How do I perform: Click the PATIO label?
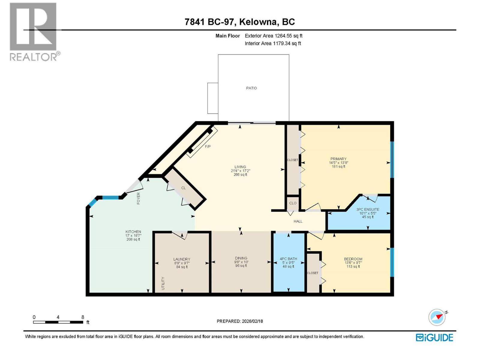pyautogui.click(x=251, y=88)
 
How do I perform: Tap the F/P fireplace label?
pyautogui.click(x=208, y=146)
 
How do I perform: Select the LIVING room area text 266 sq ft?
pyautogui.click(x=240, y=175)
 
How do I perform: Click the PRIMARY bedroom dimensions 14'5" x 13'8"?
pyautogui.click(x=338, y=163)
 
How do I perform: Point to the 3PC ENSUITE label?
pyautogui.click(x=367, y=209)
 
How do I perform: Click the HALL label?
pyautogui.click(x=298, y=221)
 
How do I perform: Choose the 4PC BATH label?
pyautogui.click(x=288, y=259)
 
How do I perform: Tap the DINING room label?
pyautogui.click(x=241, y=258)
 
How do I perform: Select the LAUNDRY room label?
pyautogui.click(x=182, y=259)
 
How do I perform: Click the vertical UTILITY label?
pyautogui.click(x=163, y=283)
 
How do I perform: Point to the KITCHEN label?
pyautogui.click(x=133, y=232)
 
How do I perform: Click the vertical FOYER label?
pyautogui.click(x=139, y=199)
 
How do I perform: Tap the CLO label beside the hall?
pyautogui.click(x=293, y=203)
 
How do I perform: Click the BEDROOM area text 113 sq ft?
pyautogui.click(x=353, y=266)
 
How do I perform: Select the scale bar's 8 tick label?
pyautogui.click(x=83, y=317)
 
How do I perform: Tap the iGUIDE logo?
pyautogui.click(x=434, y=337)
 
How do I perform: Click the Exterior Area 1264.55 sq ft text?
pyautogui.click(x=273, y=36)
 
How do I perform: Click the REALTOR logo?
pyautogui.click(x=34, y=31)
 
